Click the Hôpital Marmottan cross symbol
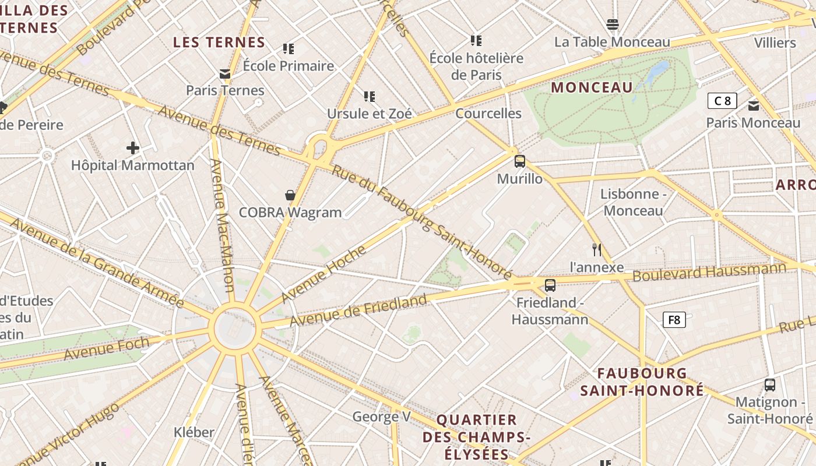tap(133, 148)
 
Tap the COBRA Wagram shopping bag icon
tap(290, 195)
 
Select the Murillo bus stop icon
tap(519, 161)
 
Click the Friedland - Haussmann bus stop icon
tap(550, 285)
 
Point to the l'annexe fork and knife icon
tap(596, 250)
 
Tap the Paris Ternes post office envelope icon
tap(225, 74)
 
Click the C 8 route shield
tap(722, 101)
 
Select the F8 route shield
tap(674, 320)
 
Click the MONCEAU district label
tap(592, 87)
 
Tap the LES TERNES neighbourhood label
tap(219, 42)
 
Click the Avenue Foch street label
tap(107, 348)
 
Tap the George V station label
tap(381, 416)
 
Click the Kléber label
tap(194, 432)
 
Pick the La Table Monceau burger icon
tap(612, 24)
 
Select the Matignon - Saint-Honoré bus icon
tap(769, 385)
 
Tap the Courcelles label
tap(488, 113)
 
